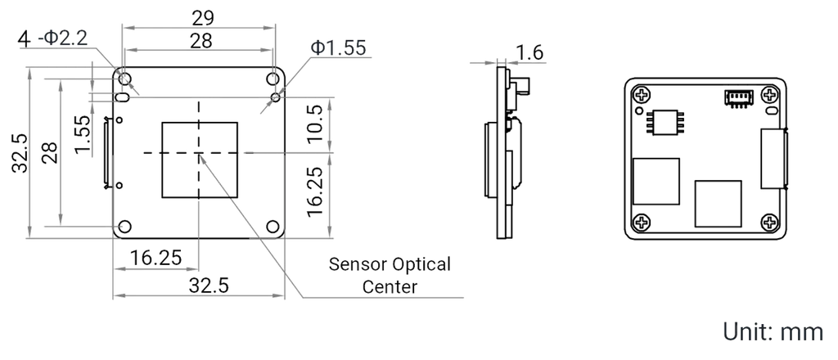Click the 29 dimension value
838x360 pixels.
(x=203, y=18)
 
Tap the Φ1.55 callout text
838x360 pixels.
(x=338, y=48)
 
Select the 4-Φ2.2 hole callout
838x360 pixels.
(x=52, y=38)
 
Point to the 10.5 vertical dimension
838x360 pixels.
(x=315, y=124)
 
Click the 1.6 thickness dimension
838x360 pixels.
(x=529, y=52)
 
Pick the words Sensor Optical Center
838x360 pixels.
(x=390, y=275)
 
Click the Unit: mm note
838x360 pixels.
(x=773, y=331)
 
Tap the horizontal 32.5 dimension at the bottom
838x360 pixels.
(x=209, y=286)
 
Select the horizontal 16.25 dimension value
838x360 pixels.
(x=156, y=258)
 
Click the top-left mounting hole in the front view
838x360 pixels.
(x=125, y=79)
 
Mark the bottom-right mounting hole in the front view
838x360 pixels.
(x=273, y=227)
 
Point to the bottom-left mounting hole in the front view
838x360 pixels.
(x=125, y=227)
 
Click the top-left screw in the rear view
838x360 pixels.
(x=642, y=97)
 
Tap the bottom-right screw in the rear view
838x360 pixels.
(x=769, y=223)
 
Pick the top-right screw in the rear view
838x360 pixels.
(x=769, y=97)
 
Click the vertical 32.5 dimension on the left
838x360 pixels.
(x=20, y=153)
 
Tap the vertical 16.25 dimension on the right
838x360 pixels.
(x=315, y=191)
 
